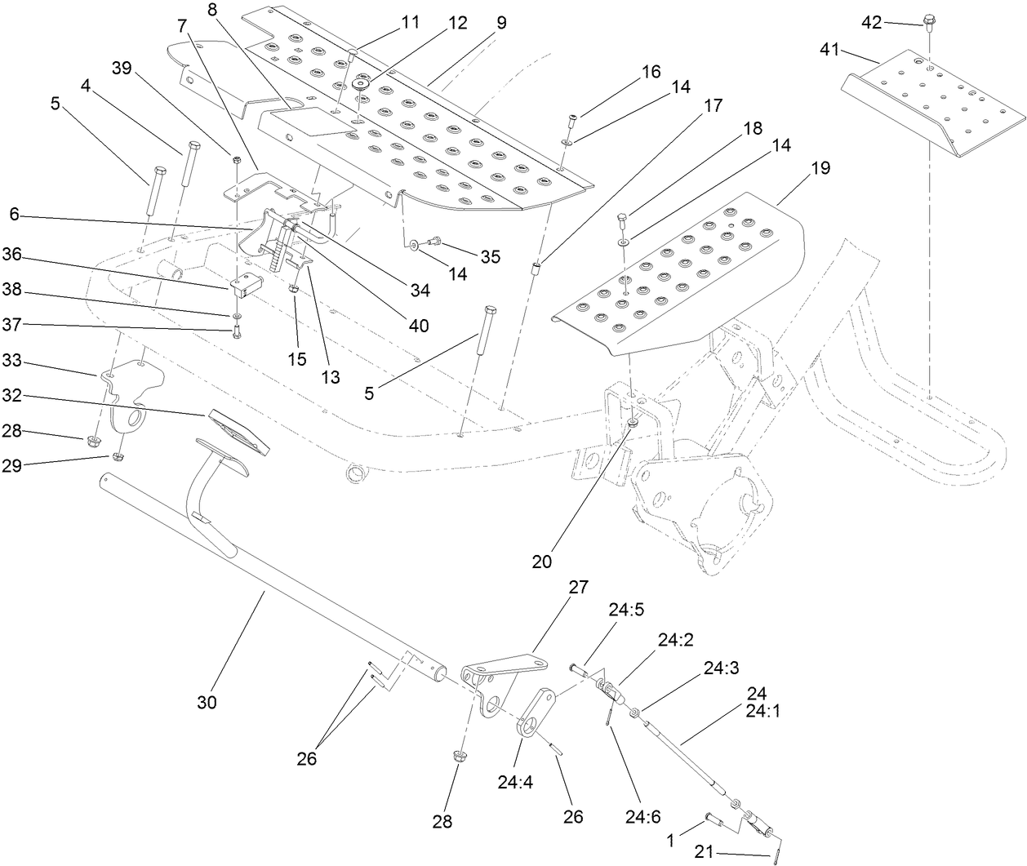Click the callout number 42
coord(872,22)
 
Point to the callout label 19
coord(820,168)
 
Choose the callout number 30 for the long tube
coord(207,701)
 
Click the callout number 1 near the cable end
coord(670,840)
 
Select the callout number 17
coord(713,105)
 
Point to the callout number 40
coord(418,325)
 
